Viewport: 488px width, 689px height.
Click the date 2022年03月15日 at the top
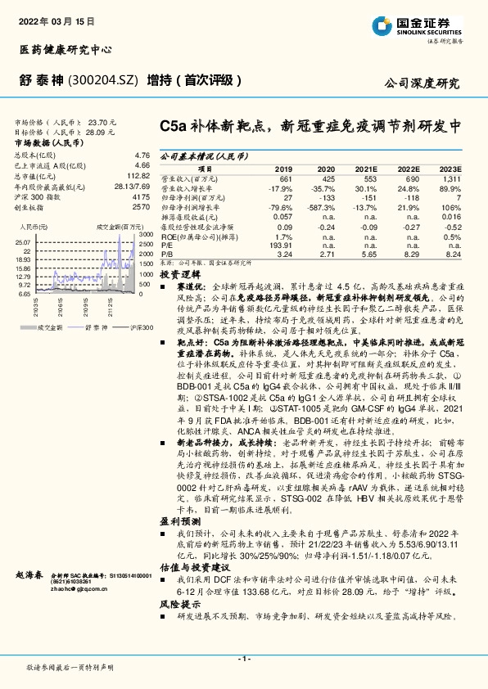(x=50, y=17)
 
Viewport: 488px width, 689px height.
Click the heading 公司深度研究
(x=422, y=83)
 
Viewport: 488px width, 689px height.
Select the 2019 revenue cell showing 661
(x=285, y=178)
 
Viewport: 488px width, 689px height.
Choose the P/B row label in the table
(x=167, y=254)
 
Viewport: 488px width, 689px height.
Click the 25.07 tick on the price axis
(x=22, y=242)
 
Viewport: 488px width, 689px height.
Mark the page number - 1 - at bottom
(x=243, y=659)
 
